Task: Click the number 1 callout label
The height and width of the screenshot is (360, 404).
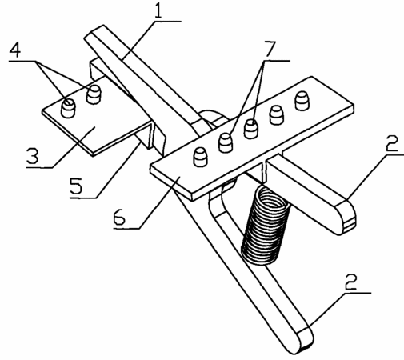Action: [159, 10]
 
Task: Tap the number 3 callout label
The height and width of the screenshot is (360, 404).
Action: [33, 155]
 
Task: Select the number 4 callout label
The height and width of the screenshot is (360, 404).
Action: [15, 50]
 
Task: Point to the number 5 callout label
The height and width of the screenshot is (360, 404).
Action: [77, 186]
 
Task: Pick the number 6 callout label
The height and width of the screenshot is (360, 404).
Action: [119, 217]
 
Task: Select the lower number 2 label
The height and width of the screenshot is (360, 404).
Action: [350, 282]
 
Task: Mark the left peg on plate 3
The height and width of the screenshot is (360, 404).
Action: [68, 107]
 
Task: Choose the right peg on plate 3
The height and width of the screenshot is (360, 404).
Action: [94, 94]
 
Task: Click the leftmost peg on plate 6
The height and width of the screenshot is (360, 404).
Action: [200, 158]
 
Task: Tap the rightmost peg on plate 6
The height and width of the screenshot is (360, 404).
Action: [302, 101]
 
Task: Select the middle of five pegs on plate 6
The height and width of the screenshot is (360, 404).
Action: [251, 129]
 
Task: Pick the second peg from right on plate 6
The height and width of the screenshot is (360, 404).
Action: [277, 115]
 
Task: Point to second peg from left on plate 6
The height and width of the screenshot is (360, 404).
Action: [226, 143]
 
